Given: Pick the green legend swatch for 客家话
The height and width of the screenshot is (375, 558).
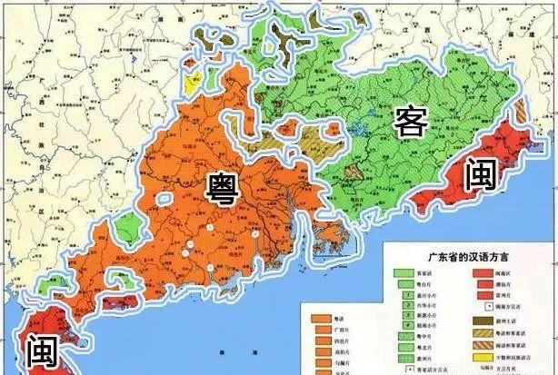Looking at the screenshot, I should pyautogui.click(x=398, y=271).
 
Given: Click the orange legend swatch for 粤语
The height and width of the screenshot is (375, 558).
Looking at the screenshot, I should pyautogui.click(x=321, y=321).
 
